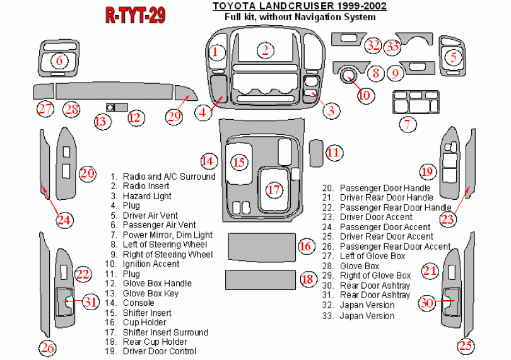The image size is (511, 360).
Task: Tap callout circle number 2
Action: tap(266, 51)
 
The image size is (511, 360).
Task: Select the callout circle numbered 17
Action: tap(273, 189)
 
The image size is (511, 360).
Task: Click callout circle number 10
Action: tap(365, 95)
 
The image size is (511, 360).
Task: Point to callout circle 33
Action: tap(393, 46)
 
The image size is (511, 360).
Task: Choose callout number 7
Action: tap(408, 124)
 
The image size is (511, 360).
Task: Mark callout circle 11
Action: tap(334, 152)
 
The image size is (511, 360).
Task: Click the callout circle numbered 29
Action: tap(174, 115)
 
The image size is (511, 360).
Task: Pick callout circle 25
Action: tap(466, 345)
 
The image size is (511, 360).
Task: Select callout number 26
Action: tap(47, 347)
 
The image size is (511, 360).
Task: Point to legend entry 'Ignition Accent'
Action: tap(151, 264)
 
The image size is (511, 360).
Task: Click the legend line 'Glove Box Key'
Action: tap(150, 293)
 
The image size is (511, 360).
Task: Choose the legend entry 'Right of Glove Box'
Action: tap(375, 276)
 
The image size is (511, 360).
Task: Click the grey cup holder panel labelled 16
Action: tap(261, 245)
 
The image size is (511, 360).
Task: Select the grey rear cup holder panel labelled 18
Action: tap(261, 279)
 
